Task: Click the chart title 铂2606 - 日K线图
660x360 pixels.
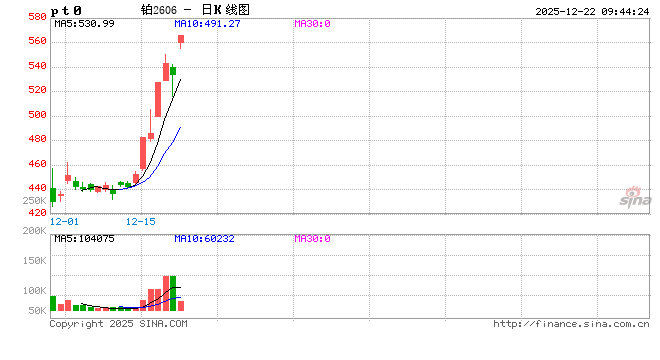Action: click(x=195, y=9)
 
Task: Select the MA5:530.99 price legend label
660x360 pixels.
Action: click(x=84, y=22)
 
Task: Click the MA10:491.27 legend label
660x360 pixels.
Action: click(x=207, y=22)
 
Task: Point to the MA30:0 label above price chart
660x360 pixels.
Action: click(x=313, y=22)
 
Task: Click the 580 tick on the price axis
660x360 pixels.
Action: click(x=35, y=17)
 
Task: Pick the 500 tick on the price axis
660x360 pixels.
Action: click(x=35, y=115)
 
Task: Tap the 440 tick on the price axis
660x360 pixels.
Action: click(x=35, y=188)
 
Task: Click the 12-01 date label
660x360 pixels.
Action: click(x=65, y=221)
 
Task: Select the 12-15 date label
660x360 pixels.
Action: click(x=142, y=221)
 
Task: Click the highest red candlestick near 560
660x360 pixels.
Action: click(x=181, y=40)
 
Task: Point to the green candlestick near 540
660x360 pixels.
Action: click(x=173, y=71)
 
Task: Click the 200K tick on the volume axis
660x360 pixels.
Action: click(x=35, y=231)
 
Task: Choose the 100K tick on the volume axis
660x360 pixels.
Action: click(x=35, y=291)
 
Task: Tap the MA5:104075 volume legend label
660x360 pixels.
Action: click(x=84, y=239)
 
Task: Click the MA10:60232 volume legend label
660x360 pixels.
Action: click(x=207, y=239)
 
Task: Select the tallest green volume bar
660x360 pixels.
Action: click(x=173, y=294)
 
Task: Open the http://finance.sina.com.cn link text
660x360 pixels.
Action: click(x=571, y=324)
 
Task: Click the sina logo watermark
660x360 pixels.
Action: click(x=630, y=198)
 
